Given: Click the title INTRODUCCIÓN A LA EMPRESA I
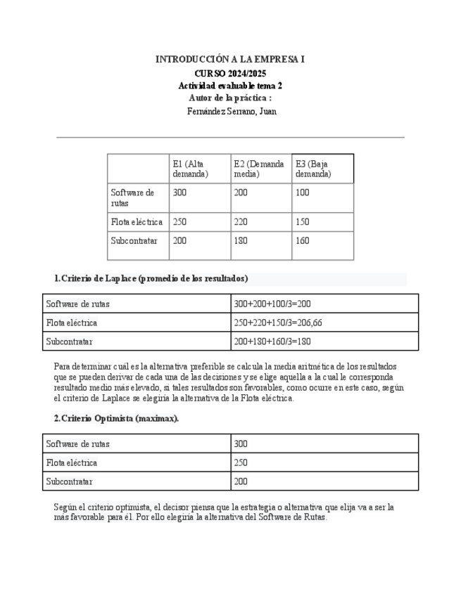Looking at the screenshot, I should (230, 60).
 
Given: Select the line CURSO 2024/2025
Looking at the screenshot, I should (230, 73).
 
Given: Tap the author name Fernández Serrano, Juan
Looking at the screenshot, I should (232, 111).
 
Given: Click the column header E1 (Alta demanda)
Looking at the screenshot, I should (190, 169).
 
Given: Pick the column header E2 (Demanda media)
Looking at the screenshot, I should (259, 169).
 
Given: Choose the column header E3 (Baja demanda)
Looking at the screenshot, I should (313, 169).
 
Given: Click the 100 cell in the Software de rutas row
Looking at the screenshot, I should (303, 193).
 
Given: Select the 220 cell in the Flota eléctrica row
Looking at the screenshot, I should (241, 222).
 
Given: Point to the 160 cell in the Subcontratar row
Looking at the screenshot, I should (303, 240).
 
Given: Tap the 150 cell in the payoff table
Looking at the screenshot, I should (303, 222).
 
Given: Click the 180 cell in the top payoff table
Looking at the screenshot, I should (241, 240).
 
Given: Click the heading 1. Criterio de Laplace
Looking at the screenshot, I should (151, 278).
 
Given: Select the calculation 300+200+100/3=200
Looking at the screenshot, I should (272, 304).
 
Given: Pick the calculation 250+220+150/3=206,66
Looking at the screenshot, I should (278, 323).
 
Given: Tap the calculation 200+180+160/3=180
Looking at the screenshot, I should (272, 342).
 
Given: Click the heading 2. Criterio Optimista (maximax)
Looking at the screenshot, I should (117, 418).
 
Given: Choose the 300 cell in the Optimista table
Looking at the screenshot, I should (241, 444).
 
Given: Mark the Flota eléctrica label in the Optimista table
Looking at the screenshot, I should (72, 463).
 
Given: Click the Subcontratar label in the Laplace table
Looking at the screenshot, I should (69, 342).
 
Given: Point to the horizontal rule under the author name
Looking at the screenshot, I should (230, 137).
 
